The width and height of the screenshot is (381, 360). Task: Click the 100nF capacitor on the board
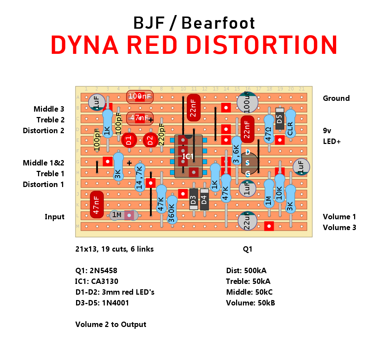click(x=140, y=96)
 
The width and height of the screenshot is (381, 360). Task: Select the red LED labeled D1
click(x=129, y=140)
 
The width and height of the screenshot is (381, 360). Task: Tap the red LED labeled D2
click(x=151, y=140)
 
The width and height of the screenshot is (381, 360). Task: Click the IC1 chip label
click(x=188, y=156)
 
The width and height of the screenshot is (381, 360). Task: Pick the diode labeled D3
click(x=193, y=199)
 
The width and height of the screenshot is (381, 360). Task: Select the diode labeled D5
click(x=280, y=118)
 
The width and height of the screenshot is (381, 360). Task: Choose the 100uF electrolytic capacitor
click(x=248, y=101)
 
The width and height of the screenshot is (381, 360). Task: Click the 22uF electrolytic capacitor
click(x=248, y=221)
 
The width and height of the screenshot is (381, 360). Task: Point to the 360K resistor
click(x=172, y=210)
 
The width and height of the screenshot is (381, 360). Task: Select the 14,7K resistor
click(x=140, y=178)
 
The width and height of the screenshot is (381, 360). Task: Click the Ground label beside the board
click(x=336, y=98)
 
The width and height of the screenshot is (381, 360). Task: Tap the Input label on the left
click(x=55, y=217)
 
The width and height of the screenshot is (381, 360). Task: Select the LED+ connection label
click(x=332, y=141)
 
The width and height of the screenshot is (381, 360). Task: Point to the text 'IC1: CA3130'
click(x=97, y=281)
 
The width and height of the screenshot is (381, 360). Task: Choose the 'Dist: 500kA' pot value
click(x=246, y=271)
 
